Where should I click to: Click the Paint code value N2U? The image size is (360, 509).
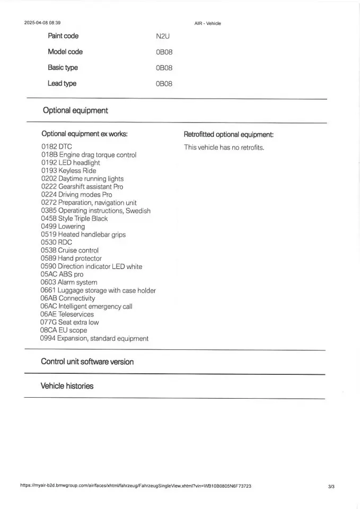click(163, 36)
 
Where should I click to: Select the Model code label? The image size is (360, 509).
click(65, 52)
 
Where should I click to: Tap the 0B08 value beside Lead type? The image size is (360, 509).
click(164, 84)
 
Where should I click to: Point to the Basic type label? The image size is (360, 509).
click(63, 68)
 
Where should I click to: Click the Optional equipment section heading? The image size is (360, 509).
click(75, 111)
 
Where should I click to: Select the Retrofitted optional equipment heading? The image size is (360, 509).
click(229, 135)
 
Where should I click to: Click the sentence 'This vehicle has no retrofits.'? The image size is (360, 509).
click(224, 147)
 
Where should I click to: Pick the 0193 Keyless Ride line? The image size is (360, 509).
click(69, 171)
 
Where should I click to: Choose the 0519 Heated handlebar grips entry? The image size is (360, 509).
click(83, 234)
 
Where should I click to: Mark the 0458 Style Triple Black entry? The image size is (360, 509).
click(74, 218)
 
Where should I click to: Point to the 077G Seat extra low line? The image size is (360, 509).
click(69, 322)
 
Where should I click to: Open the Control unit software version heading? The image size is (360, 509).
click(87, 362)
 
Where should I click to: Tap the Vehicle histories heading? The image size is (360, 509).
click(67, 386)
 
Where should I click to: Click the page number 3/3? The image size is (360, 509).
click(331, 486)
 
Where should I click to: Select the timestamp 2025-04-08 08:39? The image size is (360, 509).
click(42, 23)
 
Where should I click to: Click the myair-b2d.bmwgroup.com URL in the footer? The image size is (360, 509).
click(136, 486)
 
